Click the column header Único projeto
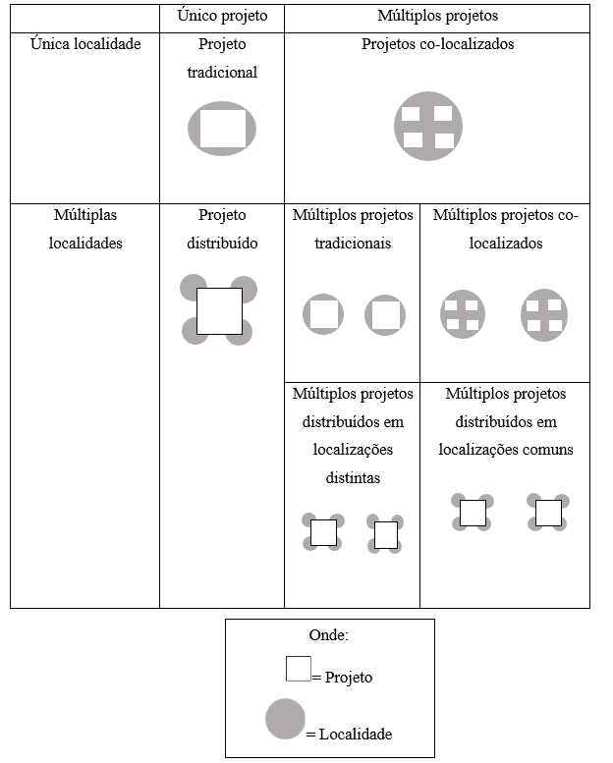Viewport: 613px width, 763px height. [222, 16]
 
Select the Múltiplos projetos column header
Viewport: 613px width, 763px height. [438, 16]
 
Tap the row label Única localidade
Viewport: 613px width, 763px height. [85, 44]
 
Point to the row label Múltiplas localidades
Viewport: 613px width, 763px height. [85, 229]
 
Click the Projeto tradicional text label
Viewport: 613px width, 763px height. [222, 58]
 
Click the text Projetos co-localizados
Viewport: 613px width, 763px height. [438, 44]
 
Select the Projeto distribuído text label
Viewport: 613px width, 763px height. [222, 229]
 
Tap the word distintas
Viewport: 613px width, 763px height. [353, 478]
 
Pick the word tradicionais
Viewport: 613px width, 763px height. [353, 244]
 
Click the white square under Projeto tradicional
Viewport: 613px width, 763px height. [223, 129]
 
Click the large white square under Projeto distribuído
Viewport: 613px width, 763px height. [220, 311]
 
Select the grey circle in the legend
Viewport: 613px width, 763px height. [285, 719]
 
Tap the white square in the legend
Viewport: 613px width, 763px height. [299, 669]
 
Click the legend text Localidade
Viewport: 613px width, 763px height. [356, 734]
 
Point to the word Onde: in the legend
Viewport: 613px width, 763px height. [329, 635]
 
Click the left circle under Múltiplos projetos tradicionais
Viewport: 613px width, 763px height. [323, 314]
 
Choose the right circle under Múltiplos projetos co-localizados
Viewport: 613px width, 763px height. [544, 315]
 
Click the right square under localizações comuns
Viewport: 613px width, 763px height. [549, 514]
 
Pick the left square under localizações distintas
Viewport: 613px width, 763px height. [324, 533]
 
